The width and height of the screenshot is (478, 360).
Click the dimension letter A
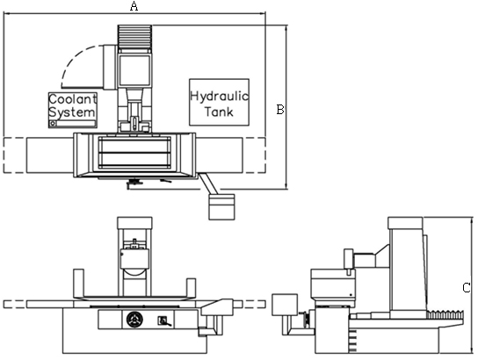pos(134,6)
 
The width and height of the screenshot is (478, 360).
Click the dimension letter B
pos(280,110)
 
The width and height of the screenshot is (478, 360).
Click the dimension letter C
pos(467,287)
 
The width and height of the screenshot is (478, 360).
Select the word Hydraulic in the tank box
pos(219,96)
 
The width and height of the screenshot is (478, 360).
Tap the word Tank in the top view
pos(219,112)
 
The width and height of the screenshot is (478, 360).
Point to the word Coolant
pos(73,99)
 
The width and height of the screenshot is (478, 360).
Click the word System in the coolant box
pos(72,112)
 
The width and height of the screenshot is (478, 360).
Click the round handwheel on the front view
pos(134,320)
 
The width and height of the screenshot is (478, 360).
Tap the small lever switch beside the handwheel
pos(163,321)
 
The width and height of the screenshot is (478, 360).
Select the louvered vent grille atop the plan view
pos(134,37)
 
